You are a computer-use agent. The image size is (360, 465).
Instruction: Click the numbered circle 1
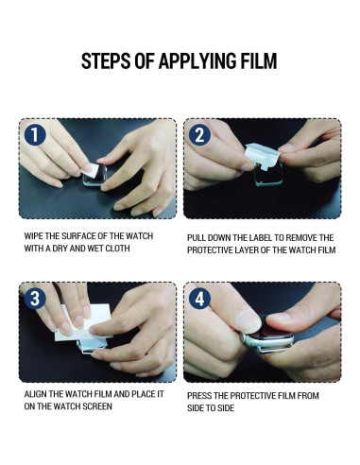35,134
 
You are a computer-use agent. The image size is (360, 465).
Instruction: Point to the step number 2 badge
199,134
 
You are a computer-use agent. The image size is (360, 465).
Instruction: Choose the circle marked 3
35,299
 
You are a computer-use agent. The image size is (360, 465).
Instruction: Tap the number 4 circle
199,299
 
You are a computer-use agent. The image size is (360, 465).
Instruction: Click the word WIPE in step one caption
33,236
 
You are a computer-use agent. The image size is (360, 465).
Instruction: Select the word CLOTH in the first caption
117,249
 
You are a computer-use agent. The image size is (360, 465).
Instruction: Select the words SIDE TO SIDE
211,408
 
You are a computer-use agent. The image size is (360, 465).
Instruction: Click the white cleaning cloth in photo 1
91,170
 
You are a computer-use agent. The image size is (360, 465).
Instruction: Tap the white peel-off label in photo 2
263,155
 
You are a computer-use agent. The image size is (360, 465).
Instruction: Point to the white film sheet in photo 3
83,324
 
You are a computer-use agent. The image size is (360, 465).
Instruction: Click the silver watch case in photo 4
268,343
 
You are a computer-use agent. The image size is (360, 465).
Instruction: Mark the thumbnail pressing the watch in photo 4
248,320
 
